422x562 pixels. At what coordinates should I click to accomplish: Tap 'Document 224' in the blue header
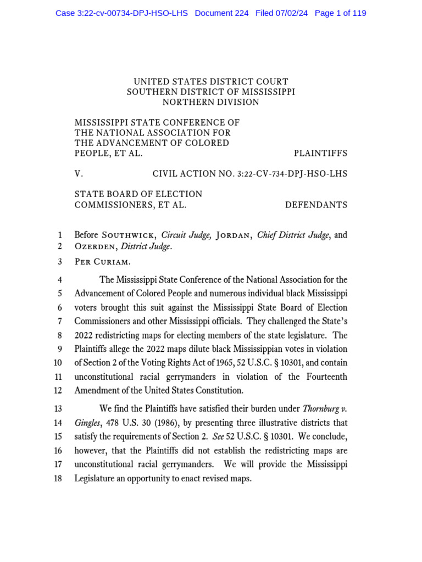(221, 13)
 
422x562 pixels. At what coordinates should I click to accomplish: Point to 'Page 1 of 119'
(340, 13)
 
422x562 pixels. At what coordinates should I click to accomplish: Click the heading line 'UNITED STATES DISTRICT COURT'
(211, 82)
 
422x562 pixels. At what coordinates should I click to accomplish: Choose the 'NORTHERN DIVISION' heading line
(211, 102)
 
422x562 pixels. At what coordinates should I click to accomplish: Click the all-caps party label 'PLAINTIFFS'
(320, 154)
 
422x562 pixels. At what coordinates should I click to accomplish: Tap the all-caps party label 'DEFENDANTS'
(316, 205)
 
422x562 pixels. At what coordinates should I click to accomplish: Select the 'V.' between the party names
(79, 174)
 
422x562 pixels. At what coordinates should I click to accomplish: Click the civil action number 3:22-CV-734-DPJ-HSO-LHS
(292, 174)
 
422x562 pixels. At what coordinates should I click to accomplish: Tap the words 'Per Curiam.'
(103, 262)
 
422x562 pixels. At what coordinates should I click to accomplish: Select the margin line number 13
(58, 409)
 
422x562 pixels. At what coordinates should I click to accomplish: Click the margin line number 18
(58, 479)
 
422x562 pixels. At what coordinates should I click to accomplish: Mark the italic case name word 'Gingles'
(87, 423)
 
